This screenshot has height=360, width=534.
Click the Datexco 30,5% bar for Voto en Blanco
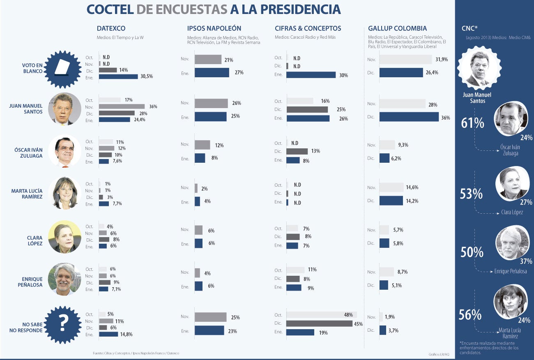pyautogui.click(x=118, y=76)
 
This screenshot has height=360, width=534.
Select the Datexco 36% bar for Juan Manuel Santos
pyautogui.click(x=122, y=106)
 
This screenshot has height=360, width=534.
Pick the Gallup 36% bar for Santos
pyautogui.click(x=409, y=117)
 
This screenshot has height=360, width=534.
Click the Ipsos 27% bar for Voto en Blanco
pyautogui.click(x=212, y=73)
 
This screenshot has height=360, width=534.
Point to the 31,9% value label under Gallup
pyautogui.click(x=441, y=59)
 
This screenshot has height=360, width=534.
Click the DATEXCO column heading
pyautogui.click(x=111, y=28)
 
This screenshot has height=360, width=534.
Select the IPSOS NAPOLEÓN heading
pyautogui.click(x=214, y=28)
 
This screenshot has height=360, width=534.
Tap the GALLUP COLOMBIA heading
pyautogui.click(x=397, y=28)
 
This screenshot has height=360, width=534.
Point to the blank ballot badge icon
pyautogui.click(x=63, y=69)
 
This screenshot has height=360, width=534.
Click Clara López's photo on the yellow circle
pyautogui.click(x=64, y=236)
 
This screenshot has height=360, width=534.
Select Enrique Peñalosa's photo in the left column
pyautogui.click(x=64, y=279)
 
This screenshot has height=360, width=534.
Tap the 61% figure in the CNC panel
pyautogui.click(x=472, y=122)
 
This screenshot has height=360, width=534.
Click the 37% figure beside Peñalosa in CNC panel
pyautogui.click(x=526, y=261)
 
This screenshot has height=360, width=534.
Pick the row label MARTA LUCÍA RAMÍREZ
pyautogui.click(x=26, y=194)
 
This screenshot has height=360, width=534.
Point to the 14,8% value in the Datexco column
pyautogui.click(x=126, y=334)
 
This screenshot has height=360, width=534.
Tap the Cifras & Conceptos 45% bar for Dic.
pyautogui.click(x=319, y=323)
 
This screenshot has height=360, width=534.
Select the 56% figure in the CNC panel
pyautogui.click(x=470, y=315)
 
